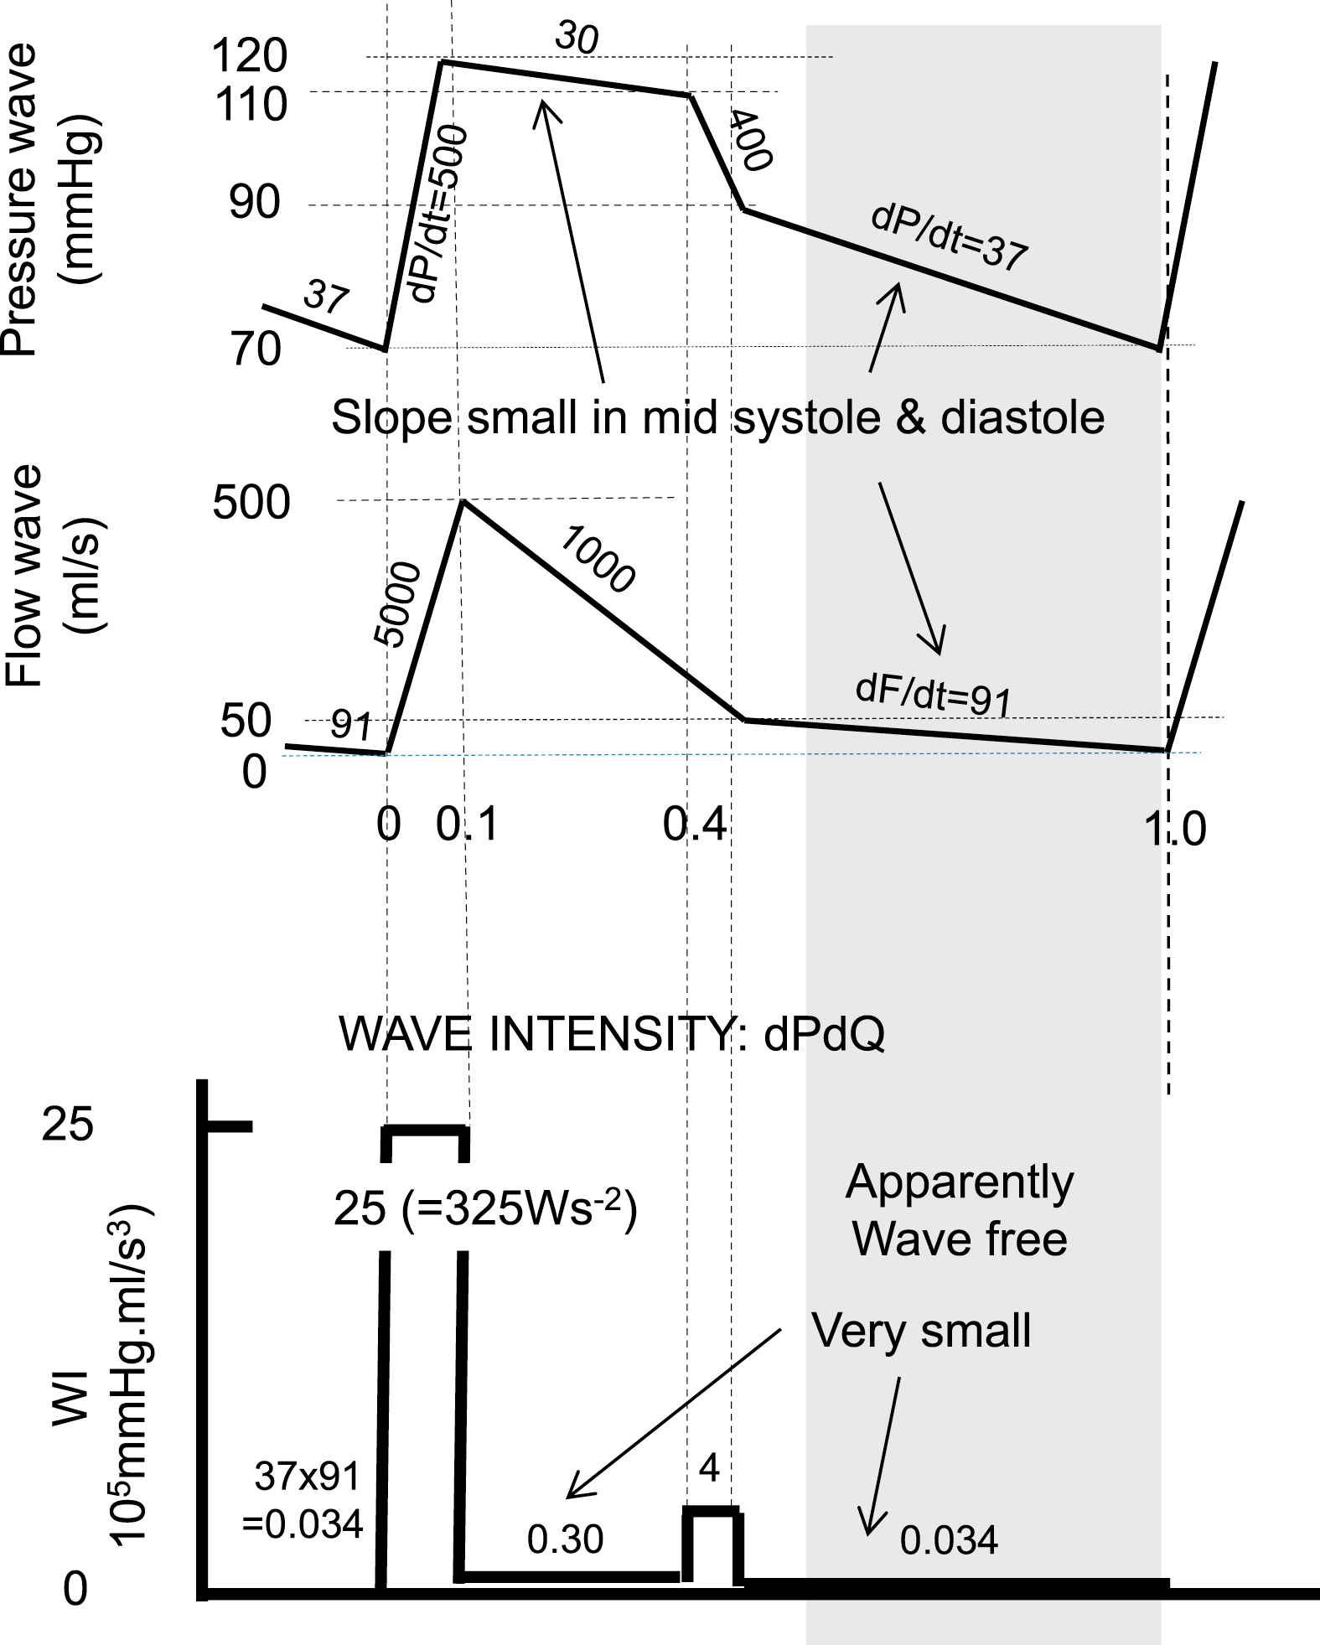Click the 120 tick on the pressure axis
coord(250,57)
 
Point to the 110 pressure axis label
coord(250,106)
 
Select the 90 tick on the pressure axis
coord(255,204)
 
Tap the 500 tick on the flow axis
coord(251,504)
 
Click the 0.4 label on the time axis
coord(695,825)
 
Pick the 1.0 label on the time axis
coord(1175,829)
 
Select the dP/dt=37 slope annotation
coord(950,238)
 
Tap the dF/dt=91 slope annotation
coord(934,695)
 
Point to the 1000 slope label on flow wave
coord(597,559)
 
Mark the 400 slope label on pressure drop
coord(748,140)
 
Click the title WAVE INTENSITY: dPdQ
coord(611,1035)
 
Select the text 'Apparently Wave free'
coord(960,1210)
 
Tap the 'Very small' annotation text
coord(921,1330)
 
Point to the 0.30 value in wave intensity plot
coord(565,1539)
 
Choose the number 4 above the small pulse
coord(709,1469)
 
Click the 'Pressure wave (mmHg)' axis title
coord(52,201)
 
